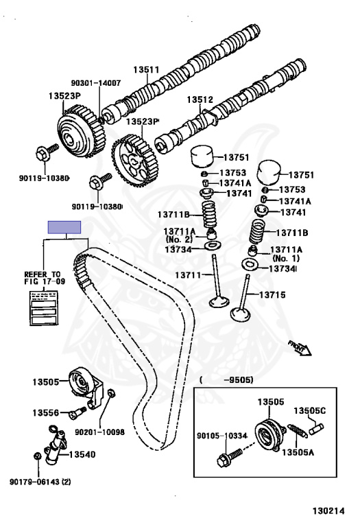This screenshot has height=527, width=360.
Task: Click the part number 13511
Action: (146, 69)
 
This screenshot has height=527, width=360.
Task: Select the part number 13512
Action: (200, 99)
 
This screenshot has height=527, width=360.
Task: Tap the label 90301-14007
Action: (96, 83)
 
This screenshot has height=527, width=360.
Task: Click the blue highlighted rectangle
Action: (64, 227)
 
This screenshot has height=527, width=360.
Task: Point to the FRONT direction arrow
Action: (300, 348)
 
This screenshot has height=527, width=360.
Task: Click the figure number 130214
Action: (328, 511)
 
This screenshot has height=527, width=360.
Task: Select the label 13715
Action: (272, 295)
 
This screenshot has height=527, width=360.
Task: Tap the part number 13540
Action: (82, 454)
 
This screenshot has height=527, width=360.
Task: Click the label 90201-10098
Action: (99, 432)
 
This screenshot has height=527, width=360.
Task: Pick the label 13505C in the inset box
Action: (310, 411)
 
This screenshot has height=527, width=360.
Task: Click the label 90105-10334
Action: (221, 436)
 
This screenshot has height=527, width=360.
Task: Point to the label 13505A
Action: (298, 452)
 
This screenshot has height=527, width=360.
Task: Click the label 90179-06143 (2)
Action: (40, 482)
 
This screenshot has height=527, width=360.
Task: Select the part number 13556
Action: (46, 412)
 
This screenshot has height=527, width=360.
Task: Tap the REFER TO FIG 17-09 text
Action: (45, 278)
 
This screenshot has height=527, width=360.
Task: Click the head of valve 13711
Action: (219, 302)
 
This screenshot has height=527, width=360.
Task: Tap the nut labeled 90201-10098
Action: (111, 393)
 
